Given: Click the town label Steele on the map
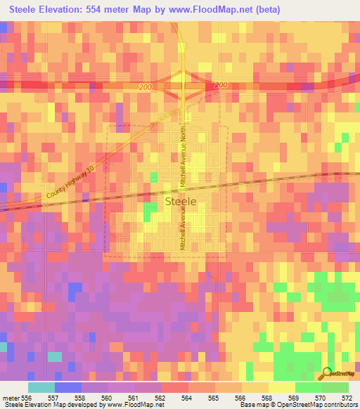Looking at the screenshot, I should [x=180, y=200].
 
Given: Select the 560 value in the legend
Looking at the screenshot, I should [x=105, y=396].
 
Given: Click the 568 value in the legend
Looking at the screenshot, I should [x=265, y=396].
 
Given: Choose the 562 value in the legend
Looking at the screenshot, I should [x=159, y=396].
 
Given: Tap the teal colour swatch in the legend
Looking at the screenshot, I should [x=41, y=387].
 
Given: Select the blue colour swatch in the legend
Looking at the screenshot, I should [x=68, y=387].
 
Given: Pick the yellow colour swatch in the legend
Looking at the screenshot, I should [x=282, y=387].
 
